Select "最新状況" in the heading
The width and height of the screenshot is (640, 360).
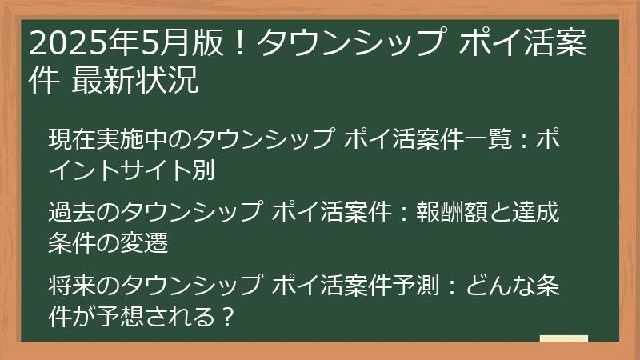(134, 80)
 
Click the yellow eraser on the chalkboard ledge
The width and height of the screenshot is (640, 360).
(564, 339)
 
